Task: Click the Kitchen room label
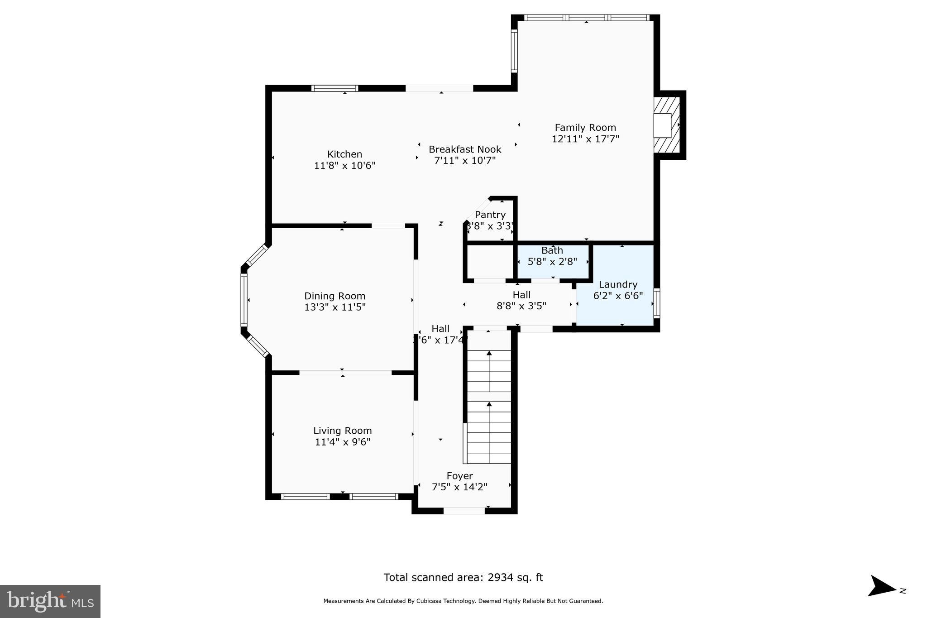(344, 154)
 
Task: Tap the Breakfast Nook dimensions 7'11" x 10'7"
(465, 161)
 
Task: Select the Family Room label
(585, 128)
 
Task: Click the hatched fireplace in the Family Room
(667, 125)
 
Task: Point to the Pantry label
(490, 215)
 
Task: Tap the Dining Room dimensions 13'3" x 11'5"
(334, 307)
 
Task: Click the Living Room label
(342, 431)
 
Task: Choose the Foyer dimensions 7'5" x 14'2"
(459, 487)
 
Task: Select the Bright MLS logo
(50, 601)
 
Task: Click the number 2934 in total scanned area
(500, 577)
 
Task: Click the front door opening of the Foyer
(463, 511)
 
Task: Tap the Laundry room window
(657, 303)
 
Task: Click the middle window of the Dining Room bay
(244, 300)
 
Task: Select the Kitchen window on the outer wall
(334, 88)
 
